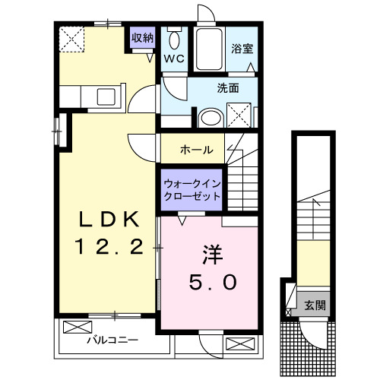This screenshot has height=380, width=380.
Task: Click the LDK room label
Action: pyautogui.click(x=110, y=220)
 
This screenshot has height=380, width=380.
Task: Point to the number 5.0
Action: pyautogui.click(x=212, y=280)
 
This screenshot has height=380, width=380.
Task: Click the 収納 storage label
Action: pyautogui.click(x=142, y=36)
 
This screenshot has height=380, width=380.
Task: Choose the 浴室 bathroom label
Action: pyautogui.click(x=242, y=48)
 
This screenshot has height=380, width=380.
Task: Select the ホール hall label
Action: pyautogui.click(x=196, y=150)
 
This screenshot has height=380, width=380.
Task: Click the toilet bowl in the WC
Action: pyautogui.click(x=174, y=40)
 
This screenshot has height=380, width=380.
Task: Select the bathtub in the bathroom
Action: pyautogui.click(x=207, y=50)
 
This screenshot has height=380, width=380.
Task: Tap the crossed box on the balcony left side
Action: pyautogui.click(x=76, y=328)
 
